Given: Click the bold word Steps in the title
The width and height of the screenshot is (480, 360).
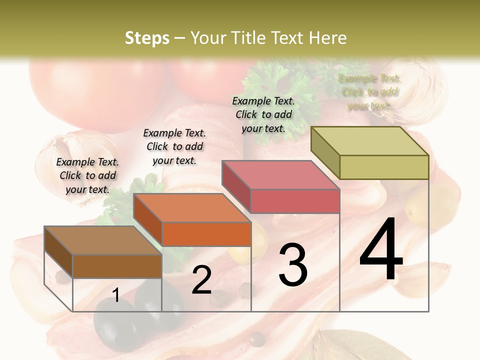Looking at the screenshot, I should pos(147,38).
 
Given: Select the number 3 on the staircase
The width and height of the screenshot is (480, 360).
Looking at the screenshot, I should pos(293,265).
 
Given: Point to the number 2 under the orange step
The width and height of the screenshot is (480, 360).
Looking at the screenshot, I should pos(201,280).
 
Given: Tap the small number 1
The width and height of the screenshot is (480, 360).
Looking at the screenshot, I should pos(116,295).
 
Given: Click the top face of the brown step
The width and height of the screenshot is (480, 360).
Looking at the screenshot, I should pos(103,240).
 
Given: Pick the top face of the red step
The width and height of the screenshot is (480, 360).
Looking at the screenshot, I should pos(281,175).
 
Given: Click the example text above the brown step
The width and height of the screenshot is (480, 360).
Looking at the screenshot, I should pos(87,175).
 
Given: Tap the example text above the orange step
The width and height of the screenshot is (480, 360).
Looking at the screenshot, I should pos(174,146).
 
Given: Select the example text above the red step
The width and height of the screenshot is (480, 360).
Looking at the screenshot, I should pos(263,114).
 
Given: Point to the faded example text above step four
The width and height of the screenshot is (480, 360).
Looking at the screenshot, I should pos(370,92).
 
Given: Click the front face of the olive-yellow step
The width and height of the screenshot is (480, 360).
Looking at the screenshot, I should pos(384,167).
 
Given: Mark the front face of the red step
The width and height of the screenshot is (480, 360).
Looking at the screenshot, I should pos(295,201).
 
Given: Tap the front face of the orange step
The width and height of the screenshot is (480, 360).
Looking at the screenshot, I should pos(206,234).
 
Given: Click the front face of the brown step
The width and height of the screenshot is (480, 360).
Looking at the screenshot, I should pos(117,266).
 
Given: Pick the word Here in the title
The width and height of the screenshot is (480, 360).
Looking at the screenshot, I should pos(327,38).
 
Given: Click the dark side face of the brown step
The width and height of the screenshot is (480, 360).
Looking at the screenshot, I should pos(58,252).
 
